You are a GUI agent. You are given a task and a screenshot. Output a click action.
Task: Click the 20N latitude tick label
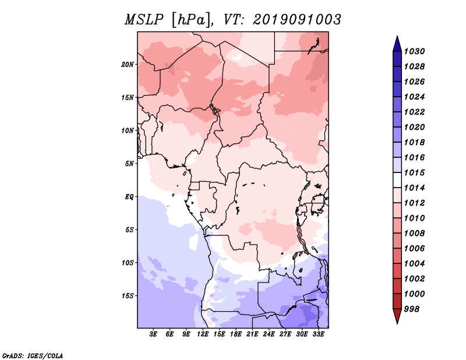pos(128,65)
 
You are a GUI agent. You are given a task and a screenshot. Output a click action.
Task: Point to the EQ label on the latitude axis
pos(129,197)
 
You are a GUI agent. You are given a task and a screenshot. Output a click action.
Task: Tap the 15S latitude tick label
pos(128,296)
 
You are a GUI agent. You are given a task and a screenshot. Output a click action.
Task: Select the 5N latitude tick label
pos(129,164)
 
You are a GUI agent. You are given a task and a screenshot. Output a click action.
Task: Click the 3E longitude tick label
pos(153,334)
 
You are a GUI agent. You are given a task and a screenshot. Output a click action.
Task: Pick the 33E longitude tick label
pos(318,334)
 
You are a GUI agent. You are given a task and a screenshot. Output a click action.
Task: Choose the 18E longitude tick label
pos(236,334)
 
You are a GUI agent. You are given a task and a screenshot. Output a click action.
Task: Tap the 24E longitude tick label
pos(269,334)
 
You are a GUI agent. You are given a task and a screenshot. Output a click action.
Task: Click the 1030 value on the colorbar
pos(414,51)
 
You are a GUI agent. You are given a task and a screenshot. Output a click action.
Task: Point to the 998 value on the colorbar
pos(412,309)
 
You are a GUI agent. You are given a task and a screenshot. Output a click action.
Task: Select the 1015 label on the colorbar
pos(414,172)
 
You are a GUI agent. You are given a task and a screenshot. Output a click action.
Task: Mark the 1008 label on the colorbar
pos(414,234)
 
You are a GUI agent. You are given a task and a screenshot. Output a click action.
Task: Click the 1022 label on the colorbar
pos(414,112)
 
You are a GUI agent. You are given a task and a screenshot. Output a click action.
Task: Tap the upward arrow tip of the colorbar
pos(397,36)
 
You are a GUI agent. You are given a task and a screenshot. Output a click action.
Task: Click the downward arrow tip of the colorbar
pos(397,323)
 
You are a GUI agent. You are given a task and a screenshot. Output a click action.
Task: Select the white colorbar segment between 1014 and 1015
pos(397,180)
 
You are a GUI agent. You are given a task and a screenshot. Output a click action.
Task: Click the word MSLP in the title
pos(144,20)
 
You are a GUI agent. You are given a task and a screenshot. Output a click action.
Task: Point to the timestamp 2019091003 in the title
pos(297,20)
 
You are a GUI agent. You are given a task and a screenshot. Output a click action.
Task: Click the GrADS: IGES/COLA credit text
pos(33,356)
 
